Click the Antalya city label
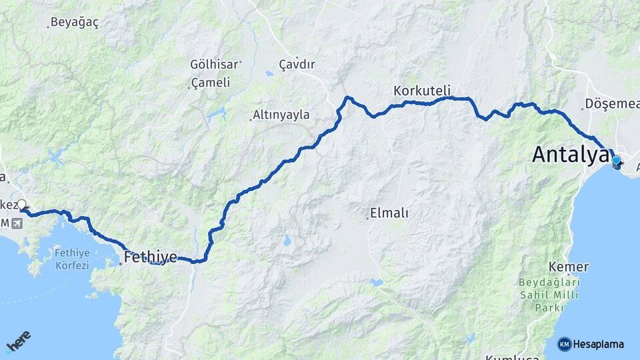(x=570, y=155)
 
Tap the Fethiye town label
(x=151, y=257)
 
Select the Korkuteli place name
(x=422, y=90)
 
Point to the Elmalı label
(x=390, y=213)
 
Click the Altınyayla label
(x=282, y=115)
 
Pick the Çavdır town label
(x=297, y=65)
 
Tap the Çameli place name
(x=211, y=83)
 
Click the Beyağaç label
(x=75, y=23)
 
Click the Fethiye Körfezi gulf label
(x=71, y=259)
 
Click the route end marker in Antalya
(x=616, y=161)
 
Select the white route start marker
(x=21, y=205)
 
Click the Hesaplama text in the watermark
(x=599, y=344)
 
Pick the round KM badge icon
(x=564, y=344)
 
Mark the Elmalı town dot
(x=367, y=218)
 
